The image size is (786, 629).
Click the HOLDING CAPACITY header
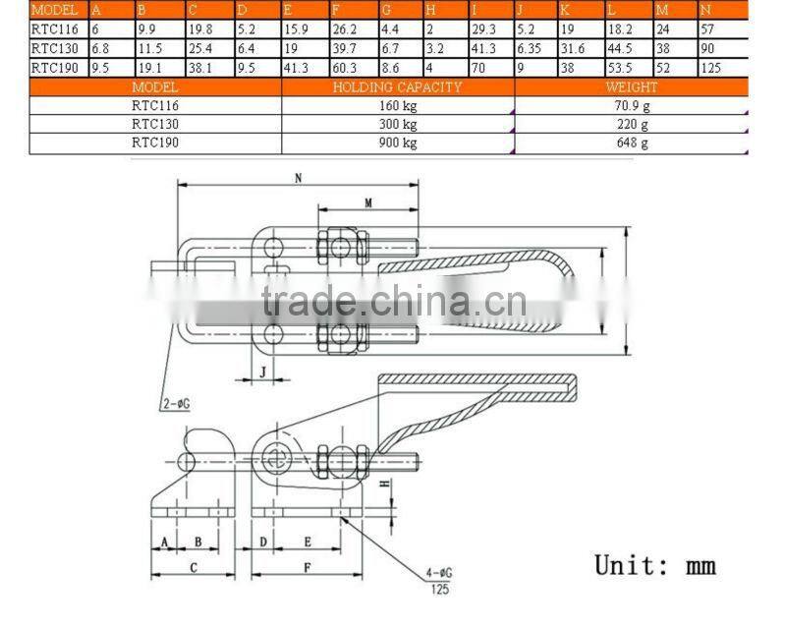[x=398, y=87]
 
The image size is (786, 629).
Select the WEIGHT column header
[x=631, y=87]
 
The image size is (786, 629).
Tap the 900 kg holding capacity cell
[x=398, y=143]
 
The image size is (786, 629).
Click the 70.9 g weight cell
[x=631, y=106]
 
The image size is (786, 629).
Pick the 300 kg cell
[x=398, y=125]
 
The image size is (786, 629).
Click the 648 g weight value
[x=631, y=143]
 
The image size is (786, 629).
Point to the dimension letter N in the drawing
[x=298, y=178]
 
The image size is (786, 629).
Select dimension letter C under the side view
[x=193, y=567]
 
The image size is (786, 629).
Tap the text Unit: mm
[x=655, y=565]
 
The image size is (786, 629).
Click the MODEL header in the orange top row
[x=54, y=9]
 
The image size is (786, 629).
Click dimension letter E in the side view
[x=308, y=542]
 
